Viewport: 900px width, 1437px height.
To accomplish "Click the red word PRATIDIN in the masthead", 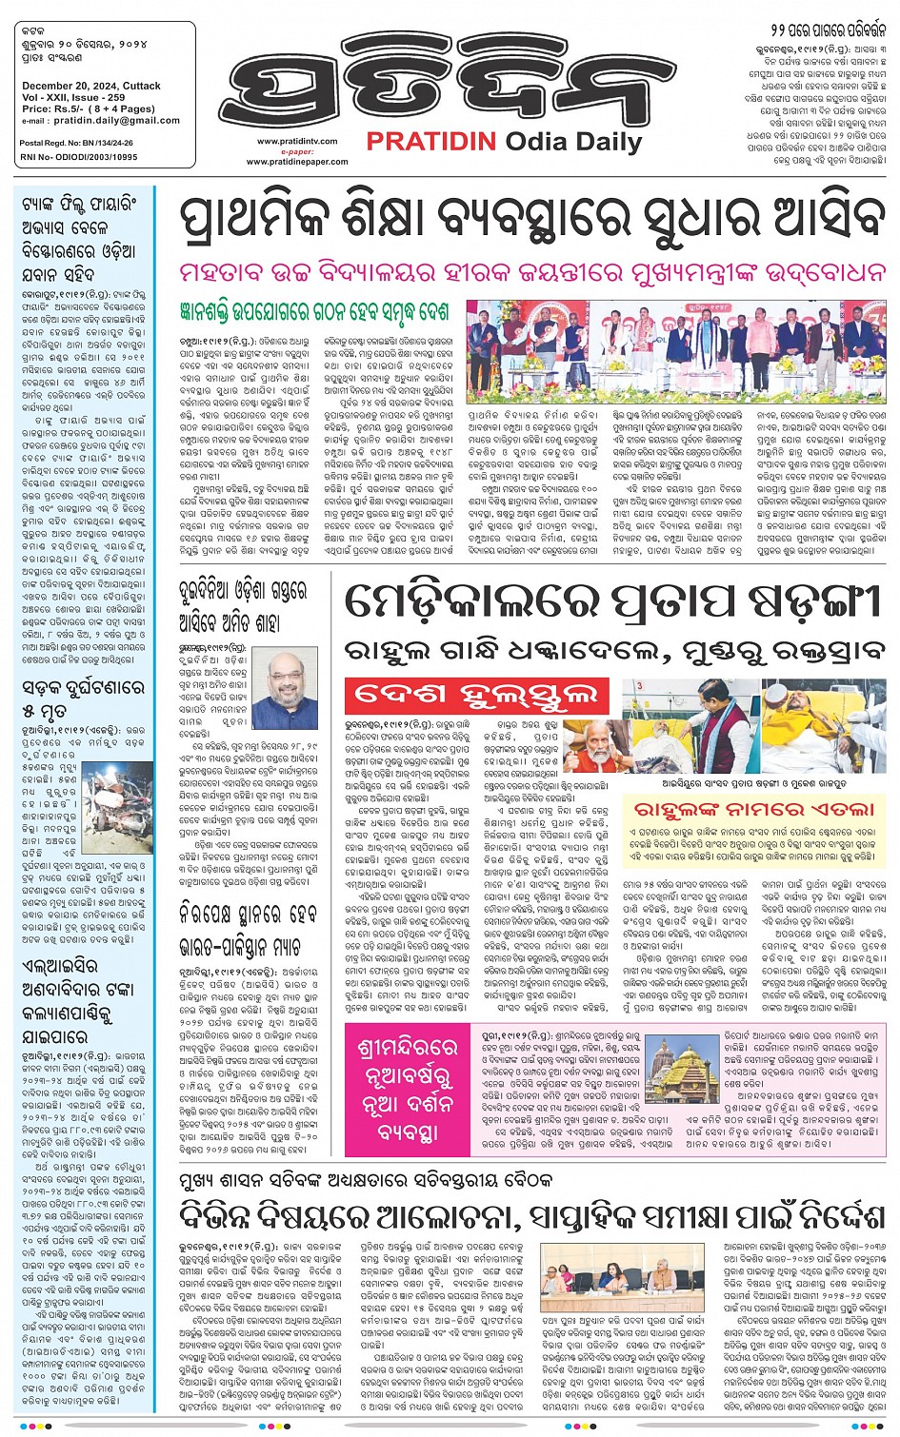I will tap(430, 142).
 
